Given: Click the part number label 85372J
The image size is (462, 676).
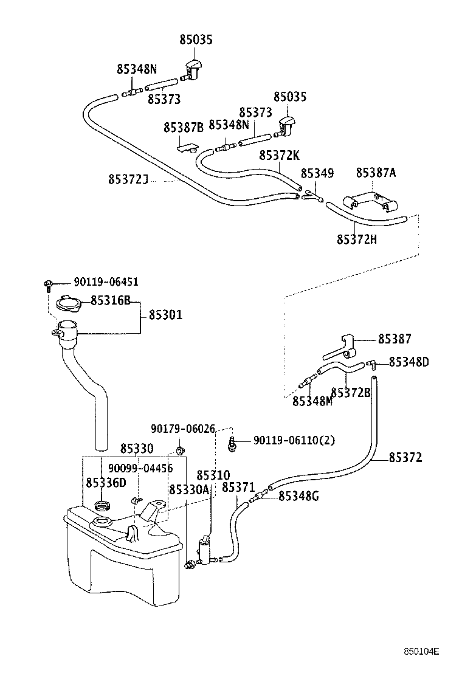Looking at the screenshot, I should click(128, 179).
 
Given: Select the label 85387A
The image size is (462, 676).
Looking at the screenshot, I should click(376, 173).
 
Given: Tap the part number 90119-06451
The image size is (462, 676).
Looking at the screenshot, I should click(106, 282).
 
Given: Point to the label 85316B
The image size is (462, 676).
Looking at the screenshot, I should click(111, 301).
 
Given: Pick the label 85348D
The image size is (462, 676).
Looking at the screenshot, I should click(409, 362).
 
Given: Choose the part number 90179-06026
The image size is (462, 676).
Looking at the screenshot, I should click(183, 429).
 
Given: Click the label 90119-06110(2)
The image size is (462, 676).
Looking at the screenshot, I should click(294, 440).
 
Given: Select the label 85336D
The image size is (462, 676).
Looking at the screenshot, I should click(106, 483).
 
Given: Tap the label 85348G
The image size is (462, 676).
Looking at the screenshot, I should click(298, 497).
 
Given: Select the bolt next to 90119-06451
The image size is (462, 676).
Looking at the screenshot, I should click(47, 284).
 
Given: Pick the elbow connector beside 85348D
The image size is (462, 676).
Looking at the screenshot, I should click(371, 364).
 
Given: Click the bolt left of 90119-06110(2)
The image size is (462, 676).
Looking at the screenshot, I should click(232, 443).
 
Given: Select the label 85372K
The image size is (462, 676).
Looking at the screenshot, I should click(279, 155).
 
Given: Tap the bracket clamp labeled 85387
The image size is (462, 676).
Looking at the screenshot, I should click(343, 348).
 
